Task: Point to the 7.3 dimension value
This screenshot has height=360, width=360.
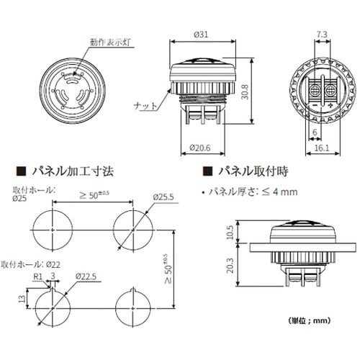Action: point(323,34)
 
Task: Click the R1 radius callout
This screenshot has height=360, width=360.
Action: point(37,276)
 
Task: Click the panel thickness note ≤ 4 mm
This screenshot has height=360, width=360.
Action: point(251,192)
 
